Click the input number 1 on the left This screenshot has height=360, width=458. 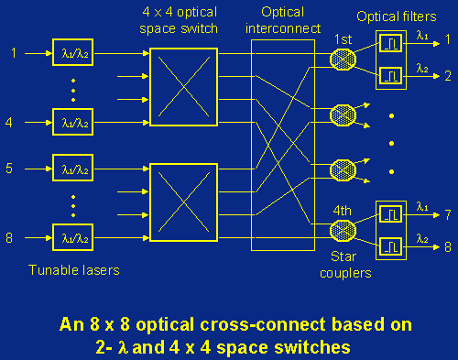pyautogui.click(x=12, y=52)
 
